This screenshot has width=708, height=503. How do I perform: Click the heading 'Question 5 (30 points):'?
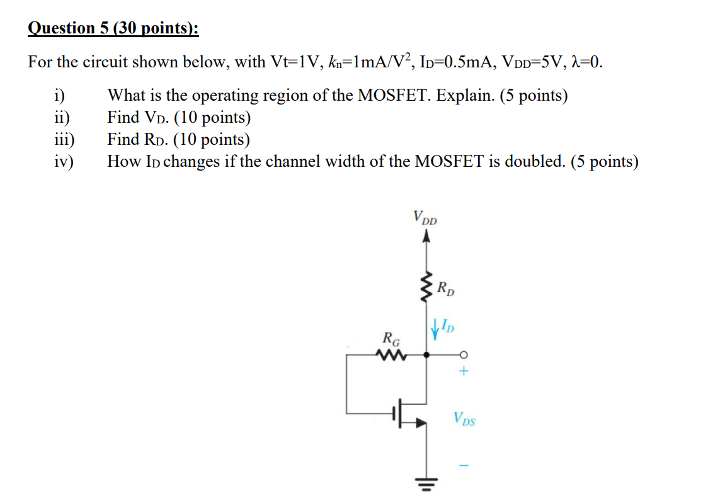click(x=113, y=28)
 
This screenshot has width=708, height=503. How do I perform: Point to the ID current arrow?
click(x=435, y=329)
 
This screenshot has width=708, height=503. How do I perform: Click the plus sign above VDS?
click(x=464, y=373)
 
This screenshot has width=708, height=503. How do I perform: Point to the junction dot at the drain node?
click(x=426, y=355)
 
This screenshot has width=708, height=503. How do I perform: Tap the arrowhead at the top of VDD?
click(x=426, y=237)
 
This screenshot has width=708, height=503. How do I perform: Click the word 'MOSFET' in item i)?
click(x=394, y=96)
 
